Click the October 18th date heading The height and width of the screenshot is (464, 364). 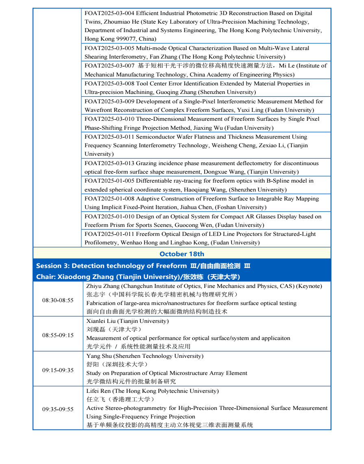point(182,254)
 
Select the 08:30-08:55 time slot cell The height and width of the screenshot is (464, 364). point(58,301)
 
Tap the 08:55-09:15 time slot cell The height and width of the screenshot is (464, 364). point(58,335)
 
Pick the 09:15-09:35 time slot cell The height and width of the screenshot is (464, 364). point(58,370)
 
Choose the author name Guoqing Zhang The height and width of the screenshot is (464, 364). point(186,92)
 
